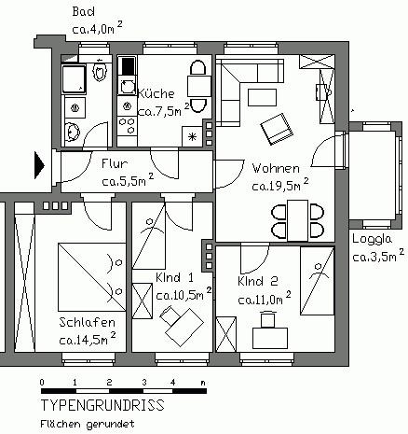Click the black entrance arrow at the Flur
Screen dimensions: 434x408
click(x=39, y=165)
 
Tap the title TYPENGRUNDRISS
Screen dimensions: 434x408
click(x=102, y=407)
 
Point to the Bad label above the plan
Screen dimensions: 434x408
click(x=85, y=11)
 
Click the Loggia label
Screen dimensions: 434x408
click(x=372, y=237)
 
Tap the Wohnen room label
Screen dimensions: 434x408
click(x=276, y=168)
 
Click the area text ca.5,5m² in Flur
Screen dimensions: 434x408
click(x=127, y=180)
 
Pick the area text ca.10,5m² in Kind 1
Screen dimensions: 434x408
click(x=181, y=294)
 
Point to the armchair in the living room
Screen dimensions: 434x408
click(x=277, y=129)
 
